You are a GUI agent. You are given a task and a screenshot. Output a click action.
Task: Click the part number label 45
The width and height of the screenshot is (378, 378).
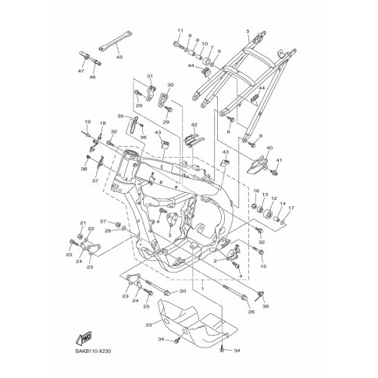tap(119, 57)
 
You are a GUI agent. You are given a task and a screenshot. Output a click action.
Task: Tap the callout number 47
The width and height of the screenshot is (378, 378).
tap(80, 70)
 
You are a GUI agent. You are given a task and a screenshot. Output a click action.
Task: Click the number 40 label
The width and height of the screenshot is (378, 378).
tap(269, 148)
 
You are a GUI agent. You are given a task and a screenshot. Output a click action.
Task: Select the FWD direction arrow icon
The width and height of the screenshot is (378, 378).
tap(80, 338)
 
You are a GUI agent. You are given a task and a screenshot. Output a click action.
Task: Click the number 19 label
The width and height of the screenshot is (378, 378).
tap(87, 122)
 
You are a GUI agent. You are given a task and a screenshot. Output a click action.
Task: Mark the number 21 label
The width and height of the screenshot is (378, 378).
tap(81, 223)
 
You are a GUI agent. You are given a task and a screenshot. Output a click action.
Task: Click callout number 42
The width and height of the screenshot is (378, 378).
tap(194, 124)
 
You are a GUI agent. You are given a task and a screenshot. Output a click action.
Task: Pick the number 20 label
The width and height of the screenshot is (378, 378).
tap(184, 291)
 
